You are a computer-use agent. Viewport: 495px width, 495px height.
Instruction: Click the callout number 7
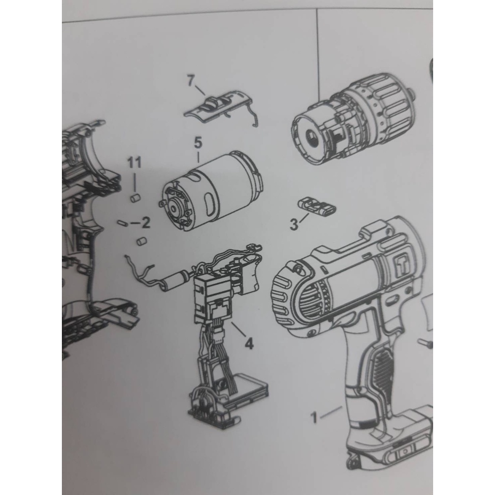pyautogui.click(x=190, y=81)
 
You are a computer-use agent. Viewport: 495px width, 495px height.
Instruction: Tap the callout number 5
pyautogui.click(x=198, y=143)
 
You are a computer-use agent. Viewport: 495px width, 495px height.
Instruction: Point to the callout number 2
pyautogui.click(x=146, y=223)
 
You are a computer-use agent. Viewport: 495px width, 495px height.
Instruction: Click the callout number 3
pyautogui.click(x=294, y=225)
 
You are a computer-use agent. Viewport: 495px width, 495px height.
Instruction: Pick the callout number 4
pyautogui.click(x=249, y=343)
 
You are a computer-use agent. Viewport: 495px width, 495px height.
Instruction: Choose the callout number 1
pyautogui.click(x=314, y=418)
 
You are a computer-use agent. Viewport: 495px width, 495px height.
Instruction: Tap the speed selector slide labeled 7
pyautogui.click(x=221, y=108)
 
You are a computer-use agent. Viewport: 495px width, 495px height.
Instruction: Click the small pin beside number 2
pyautogui.click(x=122, y=223)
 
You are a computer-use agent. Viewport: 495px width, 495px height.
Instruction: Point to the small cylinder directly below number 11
pyautogui.click(x=135, y=198)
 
